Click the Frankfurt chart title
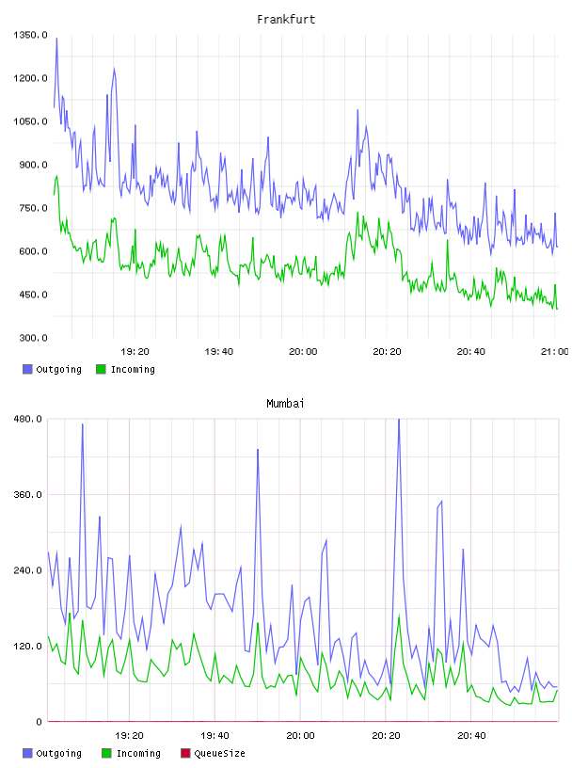click(286, 20)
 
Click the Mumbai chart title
click(285, 404)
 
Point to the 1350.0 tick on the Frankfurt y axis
click(31, 35)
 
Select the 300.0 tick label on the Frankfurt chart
click(33, 338)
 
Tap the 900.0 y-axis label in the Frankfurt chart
click(33, 165)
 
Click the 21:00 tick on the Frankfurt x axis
click(555, 352)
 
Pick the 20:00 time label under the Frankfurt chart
click(303, 352)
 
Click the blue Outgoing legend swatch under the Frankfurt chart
click(27, 369)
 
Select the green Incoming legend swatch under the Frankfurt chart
click(101, 369)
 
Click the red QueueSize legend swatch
click(185, 753)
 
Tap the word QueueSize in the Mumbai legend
click(220, 753)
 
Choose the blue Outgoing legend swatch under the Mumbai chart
click(27, 753)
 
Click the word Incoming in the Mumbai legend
click(138, 754)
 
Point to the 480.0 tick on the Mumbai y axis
click(28, 419)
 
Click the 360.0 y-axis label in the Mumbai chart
click(28, 495)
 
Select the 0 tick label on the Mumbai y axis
click(40, 722)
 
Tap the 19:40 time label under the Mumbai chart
click(215, 736)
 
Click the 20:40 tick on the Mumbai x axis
click(471, 736)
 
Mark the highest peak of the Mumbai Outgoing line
click(399, 420)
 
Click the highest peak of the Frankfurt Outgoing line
click(56, 39)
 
